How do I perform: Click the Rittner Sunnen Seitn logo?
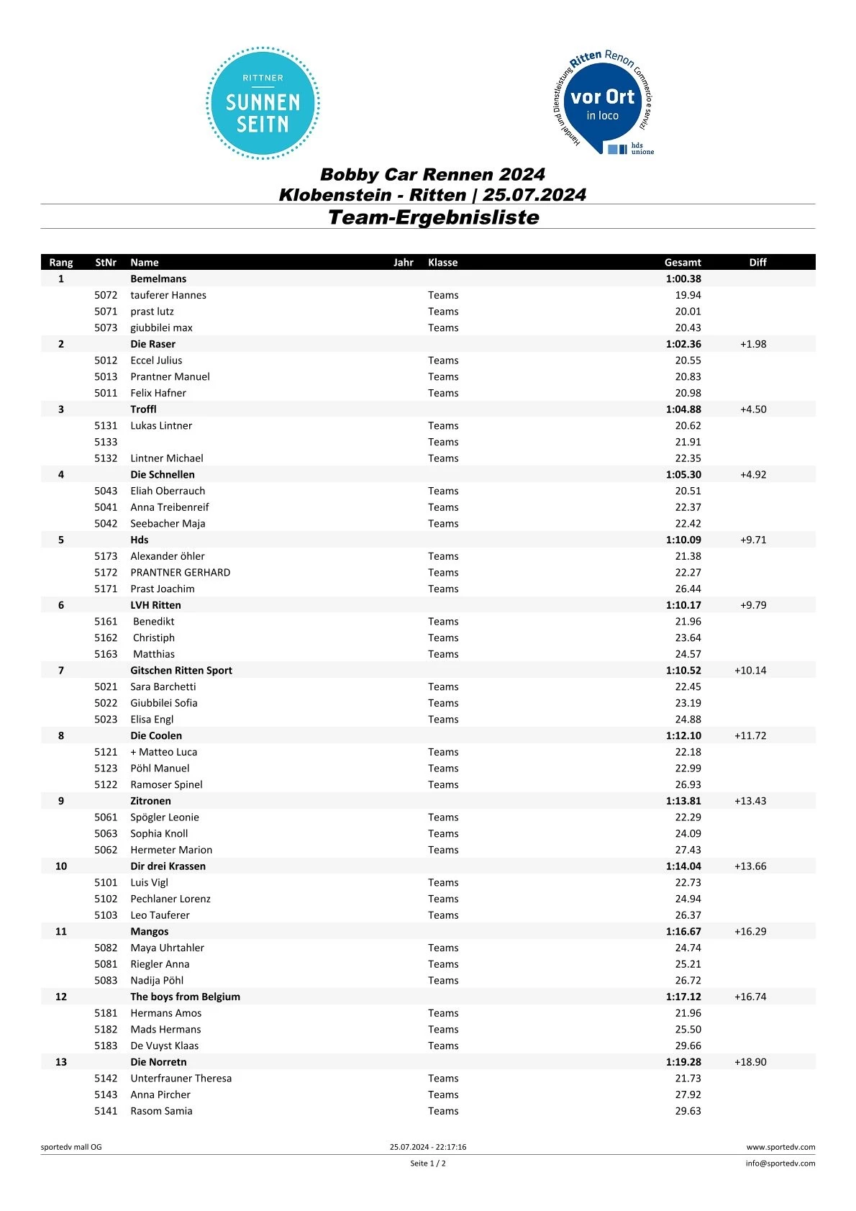point(263,103)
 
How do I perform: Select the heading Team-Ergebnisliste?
point(433,217)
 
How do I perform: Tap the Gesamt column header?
point(682,263)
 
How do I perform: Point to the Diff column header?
point(757,263)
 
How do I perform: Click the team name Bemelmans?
point(158,279)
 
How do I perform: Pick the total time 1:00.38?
point(683,279)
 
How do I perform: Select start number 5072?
point(106,295)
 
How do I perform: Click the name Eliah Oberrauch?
point(168,491)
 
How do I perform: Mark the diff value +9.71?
point(752,540)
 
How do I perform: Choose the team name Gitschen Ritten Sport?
point(181,671)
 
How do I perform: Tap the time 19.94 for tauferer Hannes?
point(688,295)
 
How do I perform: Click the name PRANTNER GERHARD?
point(181,573)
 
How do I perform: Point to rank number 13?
point(61,1062)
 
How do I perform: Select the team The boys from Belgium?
point(185,997)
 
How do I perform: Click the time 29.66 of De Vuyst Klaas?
point(688,1046)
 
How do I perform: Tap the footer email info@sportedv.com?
point(780,1164)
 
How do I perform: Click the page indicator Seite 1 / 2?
point(428,1164)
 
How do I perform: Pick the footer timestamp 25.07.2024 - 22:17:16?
point(428,1147)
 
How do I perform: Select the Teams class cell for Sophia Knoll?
point(443,833)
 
